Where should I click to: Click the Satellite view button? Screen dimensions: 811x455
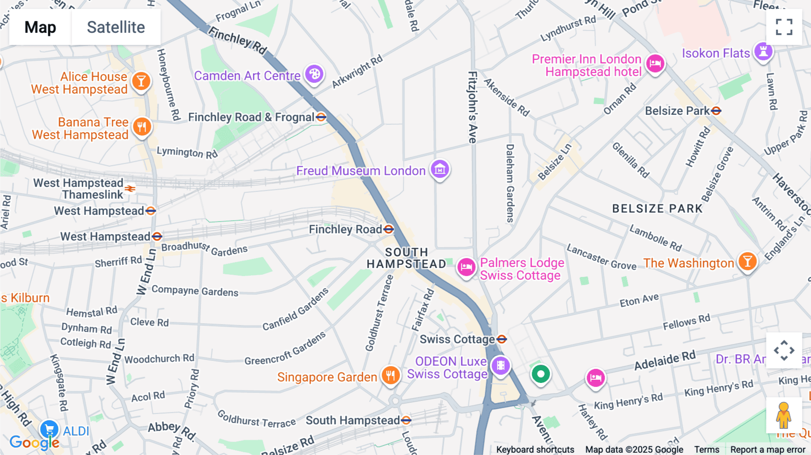(116, 27)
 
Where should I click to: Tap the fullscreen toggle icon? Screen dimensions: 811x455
(784, 27)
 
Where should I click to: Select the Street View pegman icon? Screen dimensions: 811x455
(784, 415)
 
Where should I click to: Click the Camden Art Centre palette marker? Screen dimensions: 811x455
(314, 74)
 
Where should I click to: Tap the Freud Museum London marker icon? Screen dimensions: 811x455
(440, 169)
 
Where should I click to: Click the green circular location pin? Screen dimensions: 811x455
(541, 374)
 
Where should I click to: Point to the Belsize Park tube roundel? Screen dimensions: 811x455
(716, 110)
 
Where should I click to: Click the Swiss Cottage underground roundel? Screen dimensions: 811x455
(502, 339)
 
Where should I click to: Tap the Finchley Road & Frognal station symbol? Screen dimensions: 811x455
(321, 117)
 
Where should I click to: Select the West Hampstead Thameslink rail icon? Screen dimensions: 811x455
(130, 189)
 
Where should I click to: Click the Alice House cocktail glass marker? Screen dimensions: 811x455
(141, 81)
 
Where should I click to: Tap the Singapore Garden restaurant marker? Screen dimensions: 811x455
(391, 375)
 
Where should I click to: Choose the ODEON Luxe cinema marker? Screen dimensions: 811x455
(500, 365)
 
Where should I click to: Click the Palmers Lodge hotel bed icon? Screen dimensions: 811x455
(466, 267)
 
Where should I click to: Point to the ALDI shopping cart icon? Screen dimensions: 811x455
(49, 429)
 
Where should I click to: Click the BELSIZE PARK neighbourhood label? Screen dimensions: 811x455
(657, 209)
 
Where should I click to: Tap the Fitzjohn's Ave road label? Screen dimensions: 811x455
(473, 107)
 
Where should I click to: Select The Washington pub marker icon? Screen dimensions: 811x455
(747, 261)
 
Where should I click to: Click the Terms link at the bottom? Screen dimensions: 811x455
(706, 450)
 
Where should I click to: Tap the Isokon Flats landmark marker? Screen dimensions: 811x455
(763, 51)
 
